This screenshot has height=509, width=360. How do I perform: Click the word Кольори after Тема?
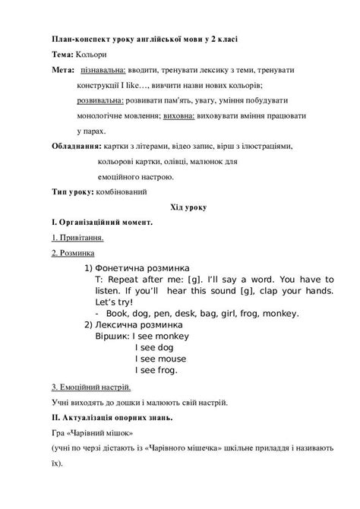[93, 56]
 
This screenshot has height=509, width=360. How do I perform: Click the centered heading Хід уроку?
[179, 207]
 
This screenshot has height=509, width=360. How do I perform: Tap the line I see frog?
[156, 371]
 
